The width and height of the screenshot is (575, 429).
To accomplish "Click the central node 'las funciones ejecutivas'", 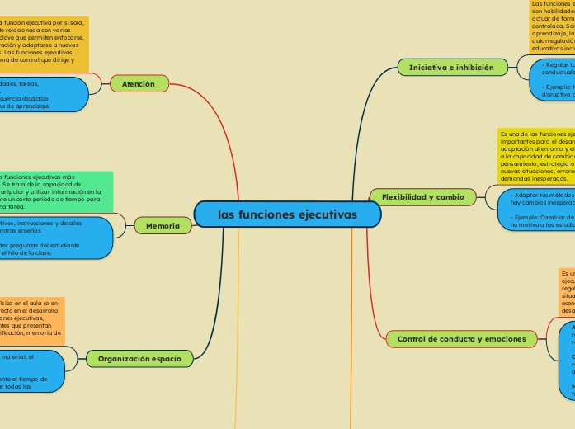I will [288, 214].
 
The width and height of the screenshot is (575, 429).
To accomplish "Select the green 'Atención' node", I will [139, 83].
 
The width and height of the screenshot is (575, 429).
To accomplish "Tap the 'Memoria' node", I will [163, 225].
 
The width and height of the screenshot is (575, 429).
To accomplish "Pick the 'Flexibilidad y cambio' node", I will [423, 196].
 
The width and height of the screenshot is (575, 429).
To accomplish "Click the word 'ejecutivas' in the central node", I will [327, 214].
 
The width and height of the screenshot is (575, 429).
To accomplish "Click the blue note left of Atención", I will [41, 94].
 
